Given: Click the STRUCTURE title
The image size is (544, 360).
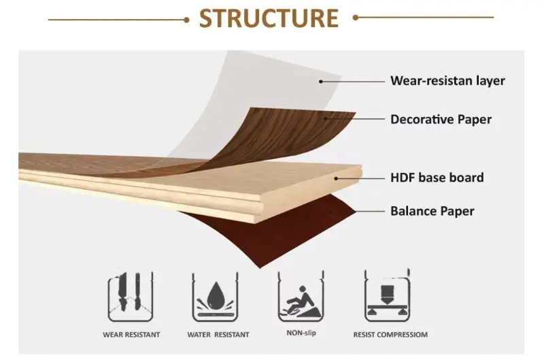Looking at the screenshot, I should click(x=269, y=18).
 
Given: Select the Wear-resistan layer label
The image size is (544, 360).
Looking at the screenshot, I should click(x=447, y=81).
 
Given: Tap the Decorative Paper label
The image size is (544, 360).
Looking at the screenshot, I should click(x=441, y=120).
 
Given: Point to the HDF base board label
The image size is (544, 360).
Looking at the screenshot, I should click(x=437, y=178).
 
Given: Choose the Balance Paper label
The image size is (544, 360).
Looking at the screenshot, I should click(x=432, y=211).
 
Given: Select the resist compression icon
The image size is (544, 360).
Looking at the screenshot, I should click(x=385, y=297).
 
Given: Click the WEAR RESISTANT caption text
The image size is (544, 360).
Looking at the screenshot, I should click(x=131, y=335).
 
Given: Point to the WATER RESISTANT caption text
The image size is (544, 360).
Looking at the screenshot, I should click(x=218, y=335).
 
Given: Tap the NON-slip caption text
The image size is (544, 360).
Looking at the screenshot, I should click(x=301, y=333).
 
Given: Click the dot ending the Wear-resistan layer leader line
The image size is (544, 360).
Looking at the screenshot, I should click(x=321, y=81).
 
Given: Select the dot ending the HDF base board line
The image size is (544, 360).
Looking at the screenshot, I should click(x=335, y=178).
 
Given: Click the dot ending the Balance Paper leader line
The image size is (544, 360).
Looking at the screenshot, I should click(x=332, y=211).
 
